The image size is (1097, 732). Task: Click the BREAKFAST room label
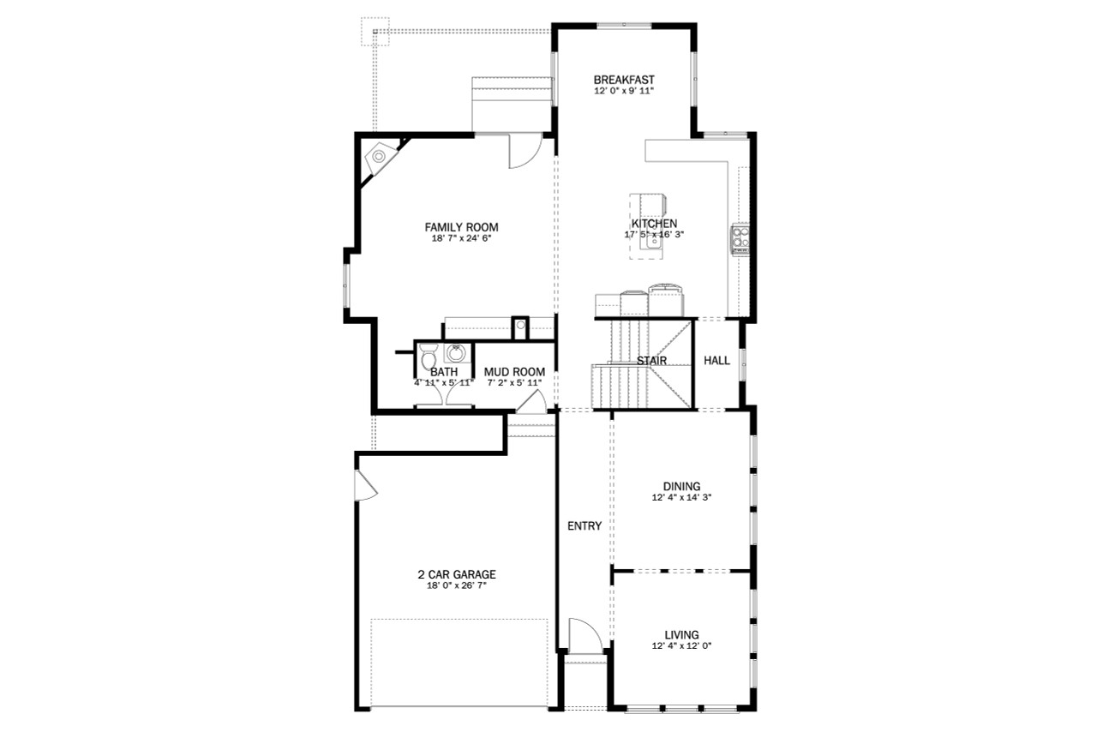624,80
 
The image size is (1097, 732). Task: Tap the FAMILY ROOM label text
461,227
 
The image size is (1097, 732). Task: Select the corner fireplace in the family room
379,158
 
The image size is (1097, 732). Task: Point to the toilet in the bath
429,355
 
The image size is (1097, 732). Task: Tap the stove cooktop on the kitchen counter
740,239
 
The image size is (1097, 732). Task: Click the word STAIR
651,361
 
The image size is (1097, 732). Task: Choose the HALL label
716,361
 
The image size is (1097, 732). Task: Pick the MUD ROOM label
514,372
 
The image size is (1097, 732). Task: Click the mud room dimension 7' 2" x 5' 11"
514,382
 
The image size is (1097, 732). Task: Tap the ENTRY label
584,526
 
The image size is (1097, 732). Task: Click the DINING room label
681,486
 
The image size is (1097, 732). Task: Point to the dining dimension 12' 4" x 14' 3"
681,497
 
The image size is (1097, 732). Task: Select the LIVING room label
681,635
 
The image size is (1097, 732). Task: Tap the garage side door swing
365,486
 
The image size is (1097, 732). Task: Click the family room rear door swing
521,152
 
